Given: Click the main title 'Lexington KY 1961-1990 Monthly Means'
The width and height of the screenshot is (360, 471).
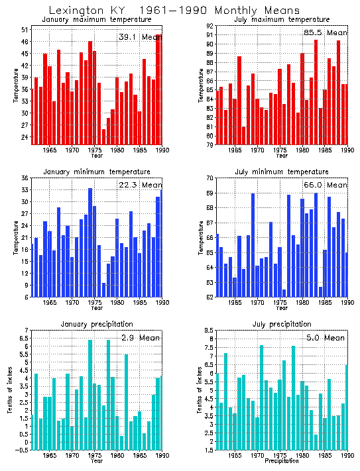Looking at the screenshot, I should pos(174,10).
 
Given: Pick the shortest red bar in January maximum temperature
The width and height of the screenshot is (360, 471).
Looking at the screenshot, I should pos(104,136).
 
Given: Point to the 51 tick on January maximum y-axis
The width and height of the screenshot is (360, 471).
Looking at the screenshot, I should pos(24,30).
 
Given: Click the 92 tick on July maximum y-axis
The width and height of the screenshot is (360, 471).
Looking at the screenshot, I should pos(208,26).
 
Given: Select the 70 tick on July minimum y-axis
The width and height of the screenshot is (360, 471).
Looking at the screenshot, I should pos(208,178).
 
